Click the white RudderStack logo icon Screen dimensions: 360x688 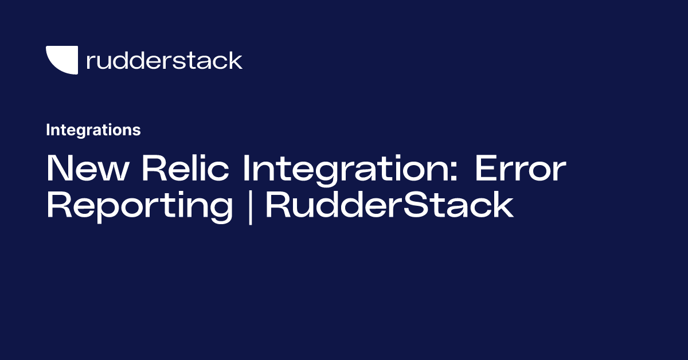click(x=62, y=60)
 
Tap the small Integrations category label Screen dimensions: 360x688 click(x=93, y=130)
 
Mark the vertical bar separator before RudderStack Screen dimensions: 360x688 click(x=250, y=206)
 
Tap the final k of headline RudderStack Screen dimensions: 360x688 click(x=502, y=205)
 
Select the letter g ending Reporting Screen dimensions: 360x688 click(x=221, y=210)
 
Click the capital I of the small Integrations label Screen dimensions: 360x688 click(x=48, y=130)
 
